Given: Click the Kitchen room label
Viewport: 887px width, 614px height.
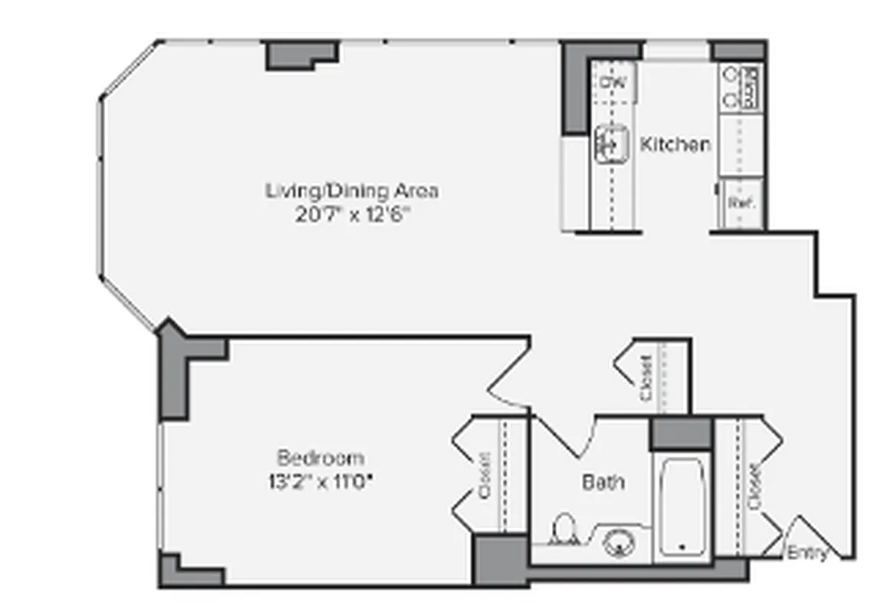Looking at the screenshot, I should coord(675,144).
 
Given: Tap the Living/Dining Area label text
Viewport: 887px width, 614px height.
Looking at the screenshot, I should coord(352,190).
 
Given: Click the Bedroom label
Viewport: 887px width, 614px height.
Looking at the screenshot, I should coord(320,458).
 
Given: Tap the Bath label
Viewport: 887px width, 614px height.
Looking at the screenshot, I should coord(603,482).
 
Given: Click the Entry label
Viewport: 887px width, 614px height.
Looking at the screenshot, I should coord(808,553).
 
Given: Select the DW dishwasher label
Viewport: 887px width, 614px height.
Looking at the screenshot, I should coord(613,82).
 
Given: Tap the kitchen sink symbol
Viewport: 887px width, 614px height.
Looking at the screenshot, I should coord(612,142).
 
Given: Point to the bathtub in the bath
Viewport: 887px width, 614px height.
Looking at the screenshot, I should coord(682,507).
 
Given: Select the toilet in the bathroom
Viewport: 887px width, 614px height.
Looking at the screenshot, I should coord(563,530).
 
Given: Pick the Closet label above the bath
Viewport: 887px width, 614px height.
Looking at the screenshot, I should coord(646,378).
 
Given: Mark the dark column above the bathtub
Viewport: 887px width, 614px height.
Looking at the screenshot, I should coord(682,434).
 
